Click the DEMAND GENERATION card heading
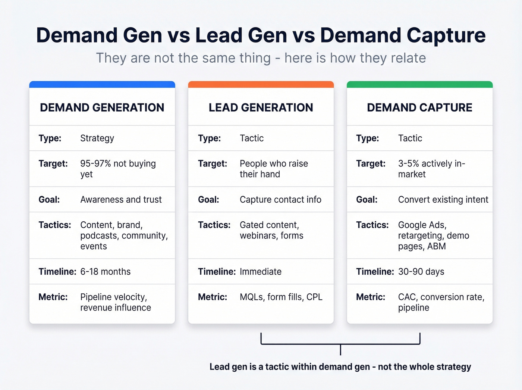(102, 107)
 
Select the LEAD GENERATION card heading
(261, 107)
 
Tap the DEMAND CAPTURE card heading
(419, 107)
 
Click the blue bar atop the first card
(102, 84)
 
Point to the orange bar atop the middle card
(261, 84)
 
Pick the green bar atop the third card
(419, 84)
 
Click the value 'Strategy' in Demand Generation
(97, 138)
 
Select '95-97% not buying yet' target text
(117, 169)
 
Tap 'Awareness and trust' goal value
(121, 200)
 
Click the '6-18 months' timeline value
(106, 272)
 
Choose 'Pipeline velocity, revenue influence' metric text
(115, 302)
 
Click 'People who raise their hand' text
(274, 169)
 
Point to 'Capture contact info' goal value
(280, 200)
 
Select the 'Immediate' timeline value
(261, 272)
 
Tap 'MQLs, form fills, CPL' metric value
(281, 297)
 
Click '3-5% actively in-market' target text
(431, 169)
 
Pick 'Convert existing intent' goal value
(443, 200)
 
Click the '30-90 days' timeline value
(421, 272)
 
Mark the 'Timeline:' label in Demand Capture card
(375, 272)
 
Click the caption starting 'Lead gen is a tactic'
(340, 367)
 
